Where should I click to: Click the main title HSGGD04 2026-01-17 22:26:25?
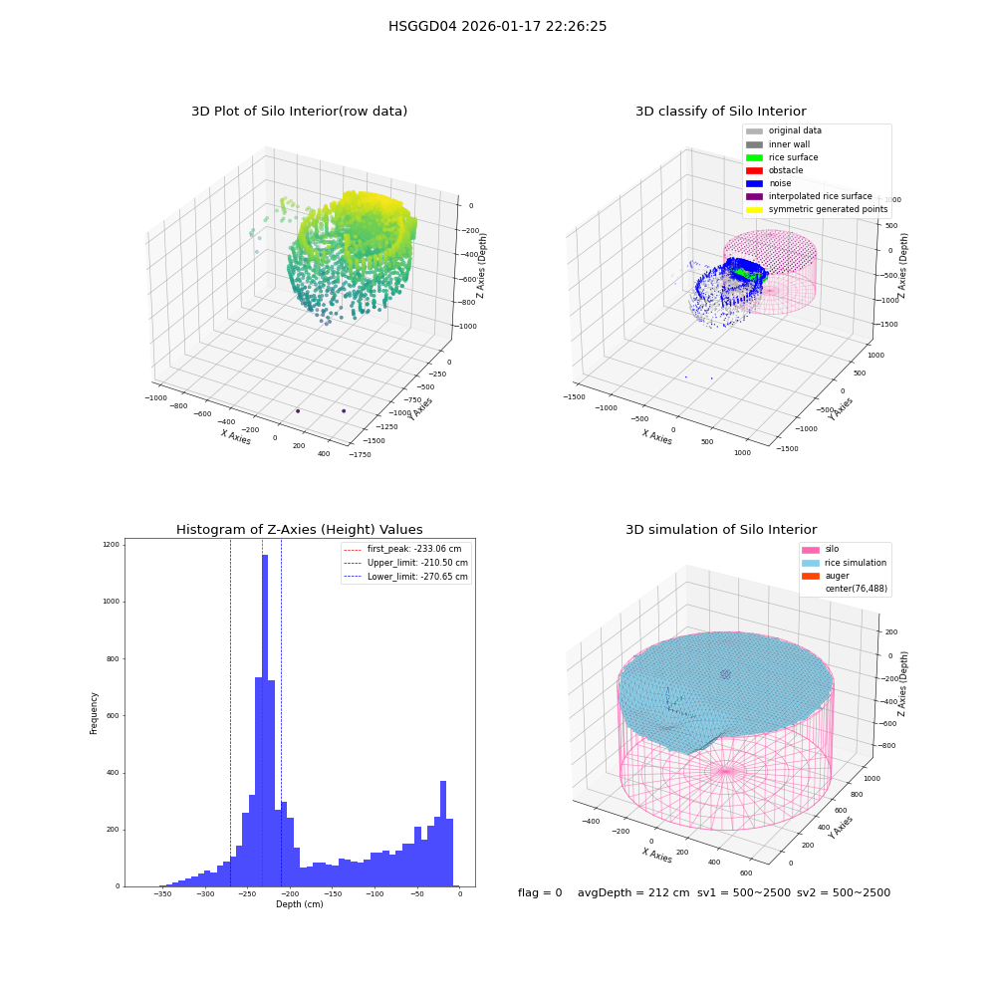[x=497, y=26]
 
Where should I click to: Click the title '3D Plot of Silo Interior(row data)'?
[x=299, y=112]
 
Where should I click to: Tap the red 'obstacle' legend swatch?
[x=754, y=170]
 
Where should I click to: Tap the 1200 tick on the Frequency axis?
[x=112, y=545]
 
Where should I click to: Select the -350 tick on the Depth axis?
[x=162, y=893]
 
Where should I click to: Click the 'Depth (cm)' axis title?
[x=300, y=904]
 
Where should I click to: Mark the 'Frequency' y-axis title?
[x=94, y=713]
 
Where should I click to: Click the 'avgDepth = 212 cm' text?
[x=633, y=892]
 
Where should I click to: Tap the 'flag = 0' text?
[x=540, y=892]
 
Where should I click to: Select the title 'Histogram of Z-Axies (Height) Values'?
[x=299, y=530]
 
